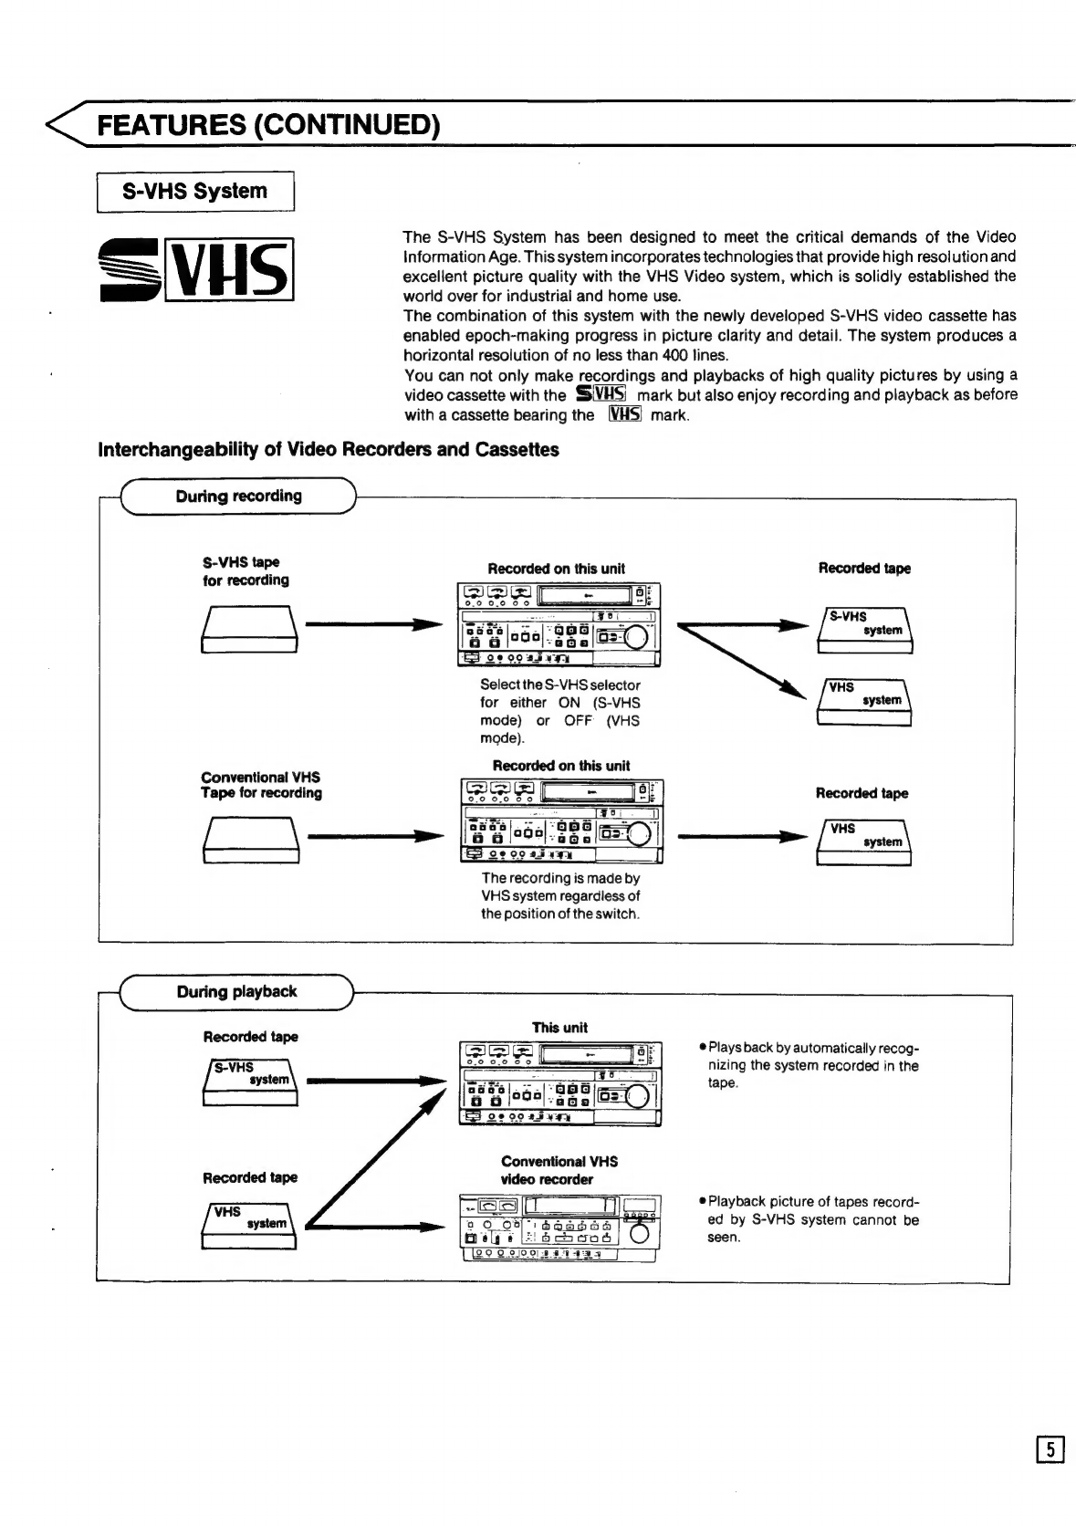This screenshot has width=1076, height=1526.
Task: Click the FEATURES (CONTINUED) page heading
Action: coord(268,124)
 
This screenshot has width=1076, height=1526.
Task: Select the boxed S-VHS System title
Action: coord(194,192)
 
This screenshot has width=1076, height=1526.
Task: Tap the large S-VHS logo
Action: coord(196,268)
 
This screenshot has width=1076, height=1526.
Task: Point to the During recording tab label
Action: coord(238,496)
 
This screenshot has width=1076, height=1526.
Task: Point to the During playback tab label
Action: coord(236,992)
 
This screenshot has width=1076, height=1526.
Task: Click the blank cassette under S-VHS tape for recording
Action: coord(249,631)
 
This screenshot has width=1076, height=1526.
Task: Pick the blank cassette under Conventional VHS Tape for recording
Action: coord(249,840)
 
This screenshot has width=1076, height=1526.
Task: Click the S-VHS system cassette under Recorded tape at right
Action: coord(864,630)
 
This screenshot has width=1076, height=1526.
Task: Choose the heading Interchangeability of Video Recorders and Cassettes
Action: coord(329,450)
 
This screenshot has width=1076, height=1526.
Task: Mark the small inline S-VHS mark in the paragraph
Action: coord(601,395)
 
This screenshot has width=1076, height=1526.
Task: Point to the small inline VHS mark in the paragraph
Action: coord(625,415)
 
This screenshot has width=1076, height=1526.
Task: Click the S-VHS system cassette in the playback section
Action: coord(249,1082)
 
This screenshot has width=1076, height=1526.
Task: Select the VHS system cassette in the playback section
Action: coord(249,1226)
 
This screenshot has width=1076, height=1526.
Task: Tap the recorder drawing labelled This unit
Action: coord(559,1084)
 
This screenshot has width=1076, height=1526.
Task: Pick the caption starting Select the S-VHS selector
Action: coord(559,712)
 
